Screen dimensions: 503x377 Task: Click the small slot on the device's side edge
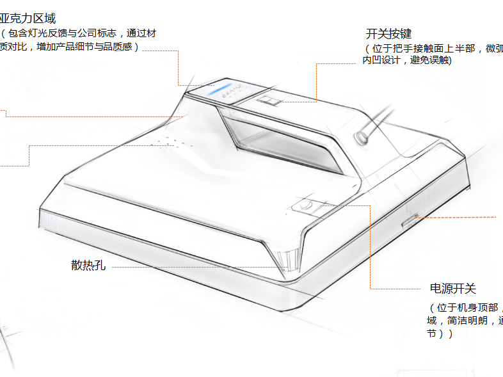point(408,221)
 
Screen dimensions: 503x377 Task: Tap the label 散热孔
point(88,266)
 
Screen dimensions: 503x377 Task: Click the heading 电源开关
point(453,289)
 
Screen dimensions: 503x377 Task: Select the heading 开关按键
point(388,34)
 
